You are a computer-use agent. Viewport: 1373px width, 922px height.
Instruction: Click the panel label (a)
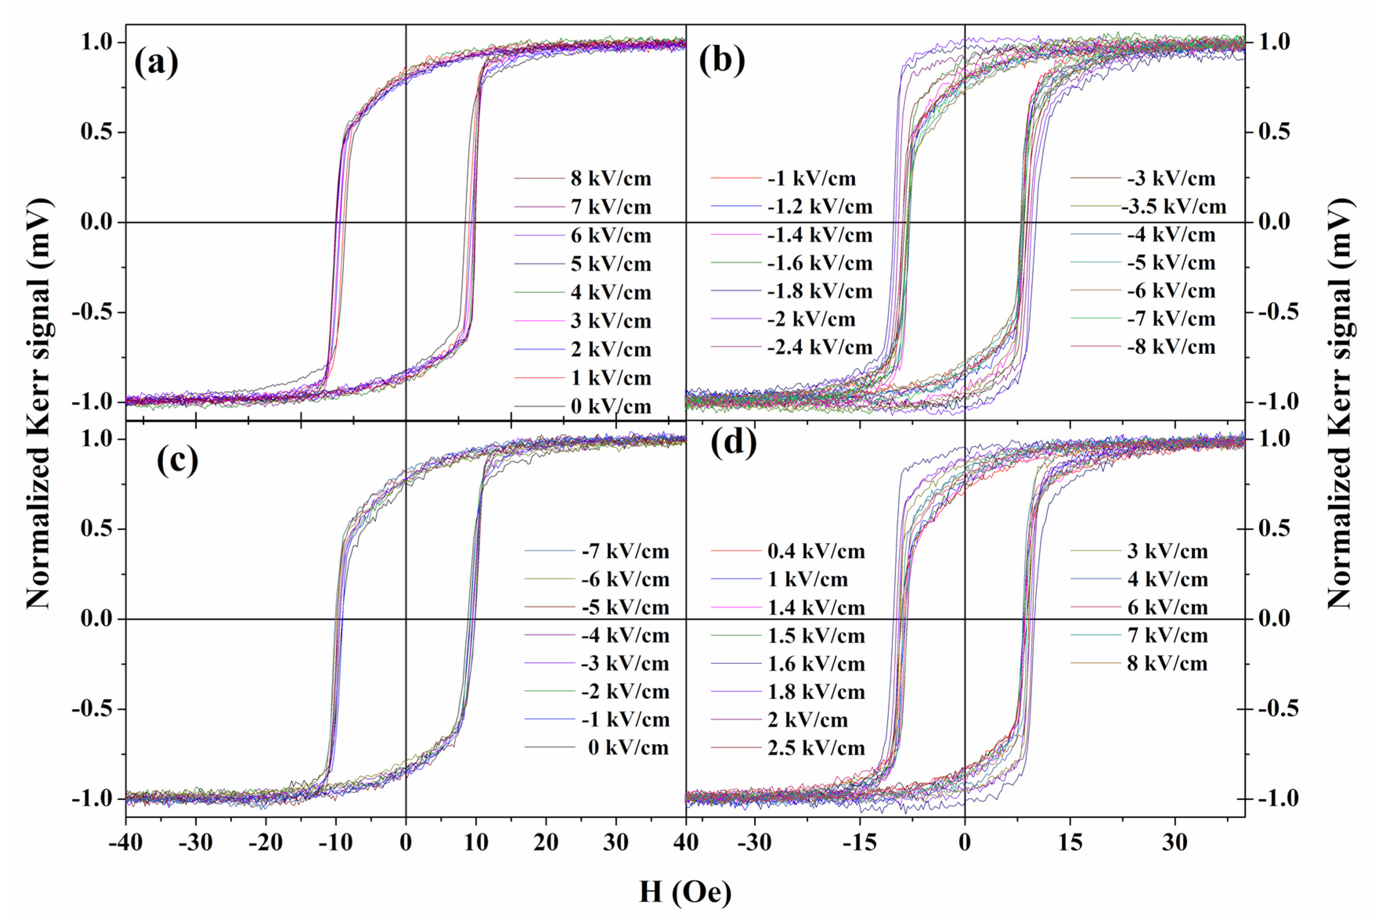coord(156,63)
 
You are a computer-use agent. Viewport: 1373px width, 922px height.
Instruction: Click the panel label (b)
coord(722,61)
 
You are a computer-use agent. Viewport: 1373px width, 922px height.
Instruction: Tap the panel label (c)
coord(177,460)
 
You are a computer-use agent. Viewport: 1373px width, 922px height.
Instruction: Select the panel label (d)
coord(733,442)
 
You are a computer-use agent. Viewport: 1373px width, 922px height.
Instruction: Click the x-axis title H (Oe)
coord(686,891)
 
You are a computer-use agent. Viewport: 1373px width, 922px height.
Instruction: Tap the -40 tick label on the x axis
coord(125,842)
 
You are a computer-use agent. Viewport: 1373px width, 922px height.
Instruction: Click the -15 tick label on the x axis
coord(859,842)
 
